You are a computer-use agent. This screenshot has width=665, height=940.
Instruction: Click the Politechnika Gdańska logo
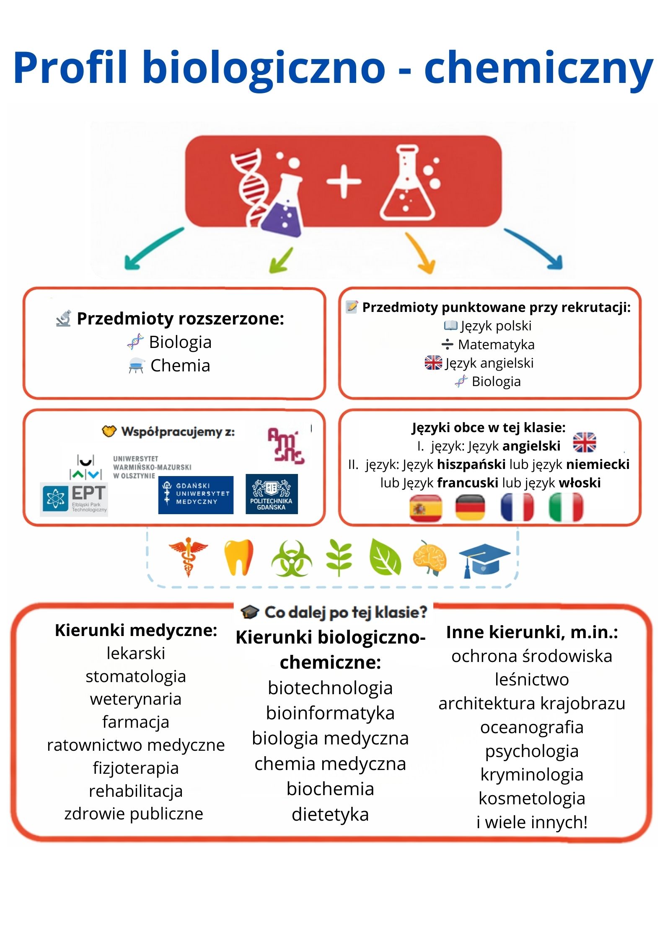pyautogui.click(x=271, y=494)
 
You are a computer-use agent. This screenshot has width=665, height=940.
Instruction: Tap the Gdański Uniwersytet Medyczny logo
pyautogui.click(x=196, y=495)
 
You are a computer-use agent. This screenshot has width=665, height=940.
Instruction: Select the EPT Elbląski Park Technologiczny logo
pyautogui.click(x=74, y=499)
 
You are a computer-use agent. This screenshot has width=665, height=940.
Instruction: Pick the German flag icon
pyautogui.click(x=470, y=507)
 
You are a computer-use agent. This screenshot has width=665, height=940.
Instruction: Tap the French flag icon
pyautogui.click(x=517, y=507)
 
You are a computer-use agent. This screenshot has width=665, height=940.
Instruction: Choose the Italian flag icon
pyautogui.click(x=566, y=507)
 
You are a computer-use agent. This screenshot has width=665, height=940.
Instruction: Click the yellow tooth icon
pyautogui.click(x=238, y=557)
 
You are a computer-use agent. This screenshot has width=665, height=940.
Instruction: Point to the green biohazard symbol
pyautogui.click(x=292, y=559)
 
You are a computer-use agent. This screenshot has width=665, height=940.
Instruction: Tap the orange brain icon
pyautogui.click(x=430, y=558)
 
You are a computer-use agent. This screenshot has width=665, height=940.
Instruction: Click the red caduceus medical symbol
pyautogui.click(x=188, y=557)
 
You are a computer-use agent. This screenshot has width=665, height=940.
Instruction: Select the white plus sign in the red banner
pyautogui.click(x=344, y=182)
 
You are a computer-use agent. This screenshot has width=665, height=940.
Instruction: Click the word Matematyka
pyautogui.click(x=496, y=345)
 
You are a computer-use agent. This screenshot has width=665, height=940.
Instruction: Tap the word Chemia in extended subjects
pyautogui.click(x=180, y=366)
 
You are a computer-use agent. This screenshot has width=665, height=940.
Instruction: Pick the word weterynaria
pyautogui.click(x=135, y=699)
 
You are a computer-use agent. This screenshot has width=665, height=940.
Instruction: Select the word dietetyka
pyautogui.click(x=330, y=814)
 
